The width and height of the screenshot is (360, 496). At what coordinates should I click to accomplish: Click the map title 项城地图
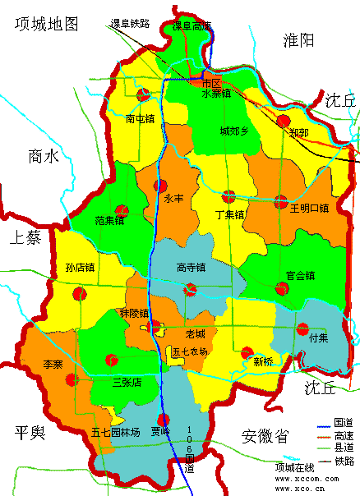coord(47,24)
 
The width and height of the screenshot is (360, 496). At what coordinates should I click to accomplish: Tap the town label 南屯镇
coord(140,118)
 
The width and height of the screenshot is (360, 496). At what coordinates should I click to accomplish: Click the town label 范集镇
coord(109,220)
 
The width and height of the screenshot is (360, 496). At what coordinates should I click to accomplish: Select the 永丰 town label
coord(173,198)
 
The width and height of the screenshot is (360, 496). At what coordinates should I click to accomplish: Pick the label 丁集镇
coord(229,215)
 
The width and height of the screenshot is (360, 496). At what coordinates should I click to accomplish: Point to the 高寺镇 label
coord(191,267)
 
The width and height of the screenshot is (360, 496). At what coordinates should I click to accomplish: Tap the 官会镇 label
coord(299,276)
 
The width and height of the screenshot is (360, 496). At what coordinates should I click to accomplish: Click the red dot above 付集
coord(302,328)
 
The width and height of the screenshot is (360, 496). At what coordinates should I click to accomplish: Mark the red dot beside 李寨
coord(71,379)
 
